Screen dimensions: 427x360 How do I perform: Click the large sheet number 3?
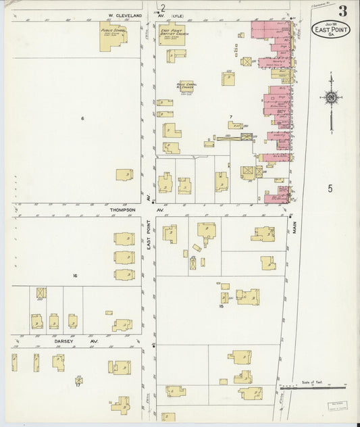pos(343,11)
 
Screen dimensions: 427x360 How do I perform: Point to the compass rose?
pos(331,99)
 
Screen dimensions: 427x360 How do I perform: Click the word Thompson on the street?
pos(123,210)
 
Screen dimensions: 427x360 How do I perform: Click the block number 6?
pos(82,119)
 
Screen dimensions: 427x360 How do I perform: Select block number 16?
pos(75,276)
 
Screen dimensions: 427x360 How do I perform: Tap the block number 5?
pos(330,189)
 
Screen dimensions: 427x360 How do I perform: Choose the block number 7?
pos(230,117)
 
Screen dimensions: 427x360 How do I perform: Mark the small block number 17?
pos(78,385)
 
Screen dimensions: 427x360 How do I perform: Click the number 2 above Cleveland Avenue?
pos(163,8)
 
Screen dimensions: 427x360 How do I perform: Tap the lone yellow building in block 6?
pos(124,174)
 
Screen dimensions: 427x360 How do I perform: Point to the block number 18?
pos(221,306)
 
